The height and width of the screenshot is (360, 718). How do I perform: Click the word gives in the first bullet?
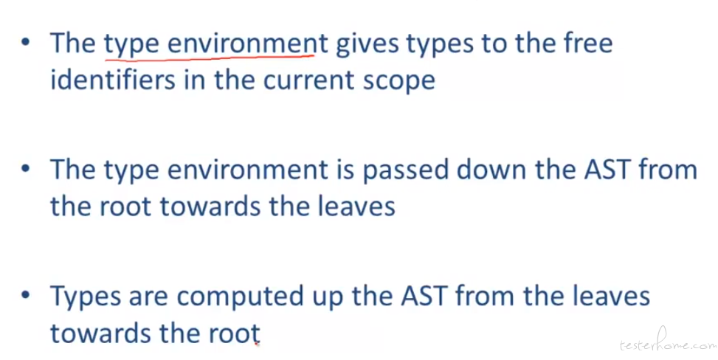(367, 44)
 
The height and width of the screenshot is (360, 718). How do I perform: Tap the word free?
(588, 42)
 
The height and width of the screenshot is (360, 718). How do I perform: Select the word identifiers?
(113, 79)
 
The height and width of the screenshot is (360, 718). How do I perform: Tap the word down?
(492, 169)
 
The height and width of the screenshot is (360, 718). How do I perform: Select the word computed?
(240, 297)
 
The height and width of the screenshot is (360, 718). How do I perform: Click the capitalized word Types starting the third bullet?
(86, 297)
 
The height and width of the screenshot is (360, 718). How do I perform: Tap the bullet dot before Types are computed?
(26, 294)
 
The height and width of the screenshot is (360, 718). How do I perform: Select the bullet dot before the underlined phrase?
(26, 41)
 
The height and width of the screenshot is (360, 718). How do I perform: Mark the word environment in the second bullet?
(248, 170)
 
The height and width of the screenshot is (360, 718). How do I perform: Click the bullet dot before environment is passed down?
(26, 167)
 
